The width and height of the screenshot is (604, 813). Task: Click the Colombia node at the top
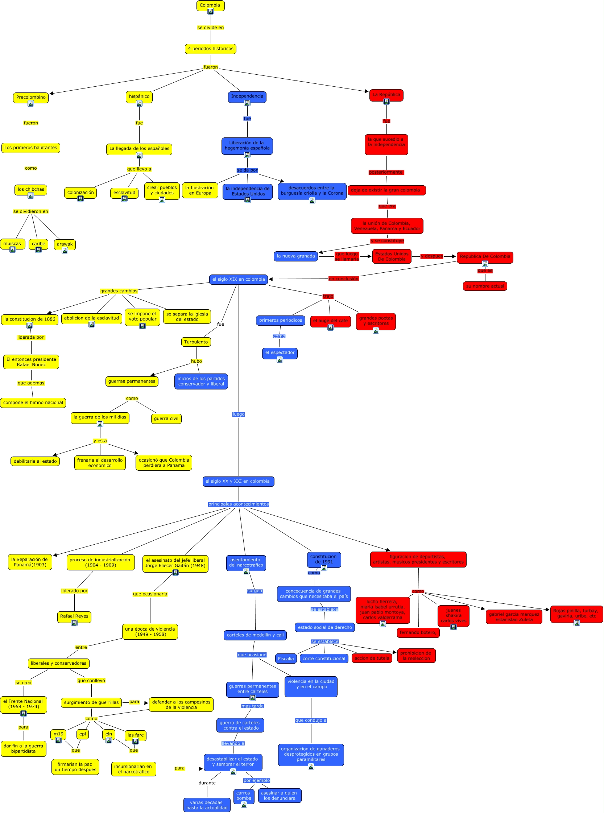[x=210, y=5]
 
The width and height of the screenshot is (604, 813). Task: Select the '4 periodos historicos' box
[x=211, y=49]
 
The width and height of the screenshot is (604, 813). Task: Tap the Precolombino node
[x=31, y=97]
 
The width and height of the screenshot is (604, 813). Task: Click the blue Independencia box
[x=247, y=96]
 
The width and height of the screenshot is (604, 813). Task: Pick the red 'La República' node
[x=386, y=95]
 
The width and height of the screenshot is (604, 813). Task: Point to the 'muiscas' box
[x=12, y=244]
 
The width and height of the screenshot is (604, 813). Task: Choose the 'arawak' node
[x=65, y=244]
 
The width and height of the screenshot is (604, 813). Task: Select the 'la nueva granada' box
[x=296, y=256]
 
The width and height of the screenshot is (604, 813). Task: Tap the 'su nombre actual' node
[x=485, y=286]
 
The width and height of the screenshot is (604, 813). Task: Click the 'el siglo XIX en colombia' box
[x=239, y=279]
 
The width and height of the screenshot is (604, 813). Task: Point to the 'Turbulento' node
[x=196, y=342]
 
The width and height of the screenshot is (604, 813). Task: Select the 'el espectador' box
[x=280, y=352]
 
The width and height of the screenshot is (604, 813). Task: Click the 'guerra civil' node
[x=166, y=418]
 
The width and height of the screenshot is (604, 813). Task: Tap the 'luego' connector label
[x=239, y=414]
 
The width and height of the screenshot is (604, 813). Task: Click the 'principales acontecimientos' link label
[x=239, y=504]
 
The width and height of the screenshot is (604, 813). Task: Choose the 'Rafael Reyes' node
[x=74, y=616]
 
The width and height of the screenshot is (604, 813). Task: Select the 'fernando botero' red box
[x=418, y=632]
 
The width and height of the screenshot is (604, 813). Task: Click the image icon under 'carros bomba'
[x=244, y=804]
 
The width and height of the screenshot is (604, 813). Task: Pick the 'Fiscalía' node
[x=286, y=659]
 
